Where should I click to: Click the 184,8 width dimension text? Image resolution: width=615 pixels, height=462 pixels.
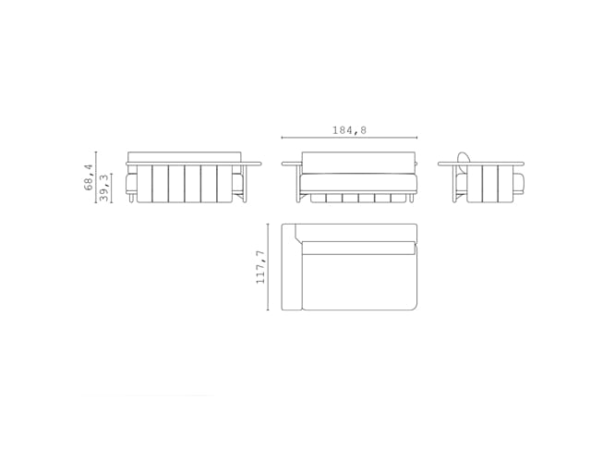coord(349,130)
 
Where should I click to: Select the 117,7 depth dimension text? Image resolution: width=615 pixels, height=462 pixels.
coord(261,266)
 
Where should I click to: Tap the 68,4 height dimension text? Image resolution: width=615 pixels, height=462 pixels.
coord(88,176)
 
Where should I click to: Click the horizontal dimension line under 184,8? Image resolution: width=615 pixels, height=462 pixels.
coord(349,139)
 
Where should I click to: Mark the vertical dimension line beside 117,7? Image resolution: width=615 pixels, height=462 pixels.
coord(270,266)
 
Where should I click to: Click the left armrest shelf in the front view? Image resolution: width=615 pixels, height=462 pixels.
coord(291,164)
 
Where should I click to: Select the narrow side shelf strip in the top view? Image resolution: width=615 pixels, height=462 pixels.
coord(288,266)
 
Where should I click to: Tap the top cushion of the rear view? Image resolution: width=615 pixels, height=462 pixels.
coord(184,157)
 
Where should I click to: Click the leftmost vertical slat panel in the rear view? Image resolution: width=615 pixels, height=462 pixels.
coord(144,184)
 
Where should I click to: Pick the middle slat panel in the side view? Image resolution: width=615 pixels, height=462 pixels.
coord(489,183)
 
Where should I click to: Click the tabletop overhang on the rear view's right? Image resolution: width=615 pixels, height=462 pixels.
coord(251,164)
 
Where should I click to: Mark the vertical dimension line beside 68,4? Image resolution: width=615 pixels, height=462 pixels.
coord(96,176)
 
